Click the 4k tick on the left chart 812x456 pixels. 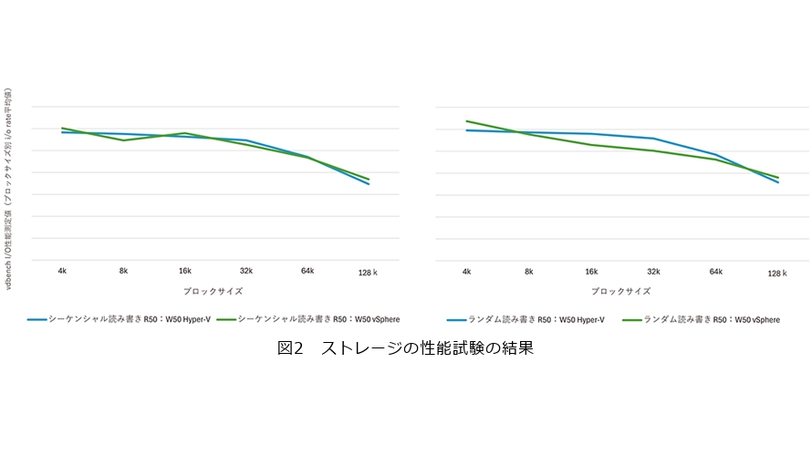(62, 271)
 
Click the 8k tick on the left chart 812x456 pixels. (123, 271)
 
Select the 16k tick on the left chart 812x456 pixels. (185, 271)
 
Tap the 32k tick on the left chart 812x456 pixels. (246, 271)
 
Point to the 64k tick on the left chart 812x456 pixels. (307, 271)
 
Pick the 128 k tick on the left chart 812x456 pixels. (369, 273)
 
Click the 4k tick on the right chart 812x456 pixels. (466, 272)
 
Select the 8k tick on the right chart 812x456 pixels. (528, 272)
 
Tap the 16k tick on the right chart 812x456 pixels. (591, 272)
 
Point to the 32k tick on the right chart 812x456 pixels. (653, 272)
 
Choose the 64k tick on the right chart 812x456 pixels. (715, 272)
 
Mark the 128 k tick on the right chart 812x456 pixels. (777, 273)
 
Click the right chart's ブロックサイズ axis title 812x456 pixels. (621, 292)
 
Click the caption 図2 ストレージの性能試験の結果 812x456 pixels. (405, 348)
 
